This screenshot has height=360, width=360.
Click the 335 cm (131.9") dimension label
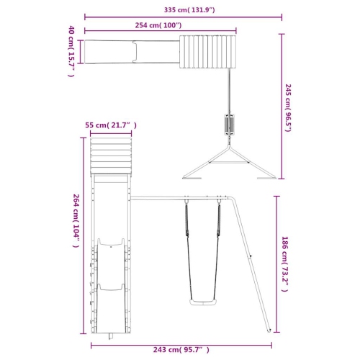click(x=189, y=10)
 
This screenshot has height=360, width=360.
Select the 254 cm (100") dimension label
click(x=158, y=25)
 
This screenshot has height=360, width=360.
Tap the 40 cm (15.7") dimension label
click(x=71, y=51)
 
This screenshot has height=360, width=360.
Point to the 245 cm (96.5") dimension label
click(x=288, y=108)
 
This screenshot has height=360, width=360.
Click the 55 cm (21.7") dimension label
click(x=111, y=125)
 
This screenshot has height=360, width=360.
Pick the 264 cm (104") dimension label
click(x=76, y=221)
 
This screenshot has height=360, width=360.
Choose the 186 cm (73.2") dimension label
click(x=284, y=264)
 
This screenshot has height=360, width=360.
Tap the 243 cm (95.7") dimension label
click(x=181, y=349)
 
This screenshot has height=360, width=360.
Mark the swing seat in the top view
click(x=230, y=125)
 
